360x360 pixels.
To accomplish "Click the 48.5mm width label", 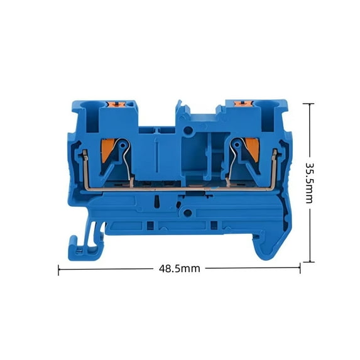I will click(x=178, y=268).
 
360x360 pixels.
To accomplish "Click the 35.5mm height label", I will click(x=310, y=182).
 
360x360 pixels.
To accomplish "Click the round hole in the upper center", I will click(x=187, y=131).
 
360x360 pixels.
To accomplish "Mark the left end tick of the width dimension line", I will click(x=59, y=270).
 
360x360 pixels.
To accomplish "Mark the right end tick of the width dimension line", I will click(x=300, y=268).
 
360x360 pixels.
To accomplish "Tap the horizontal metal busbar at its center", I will click(x=179, y=188).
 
